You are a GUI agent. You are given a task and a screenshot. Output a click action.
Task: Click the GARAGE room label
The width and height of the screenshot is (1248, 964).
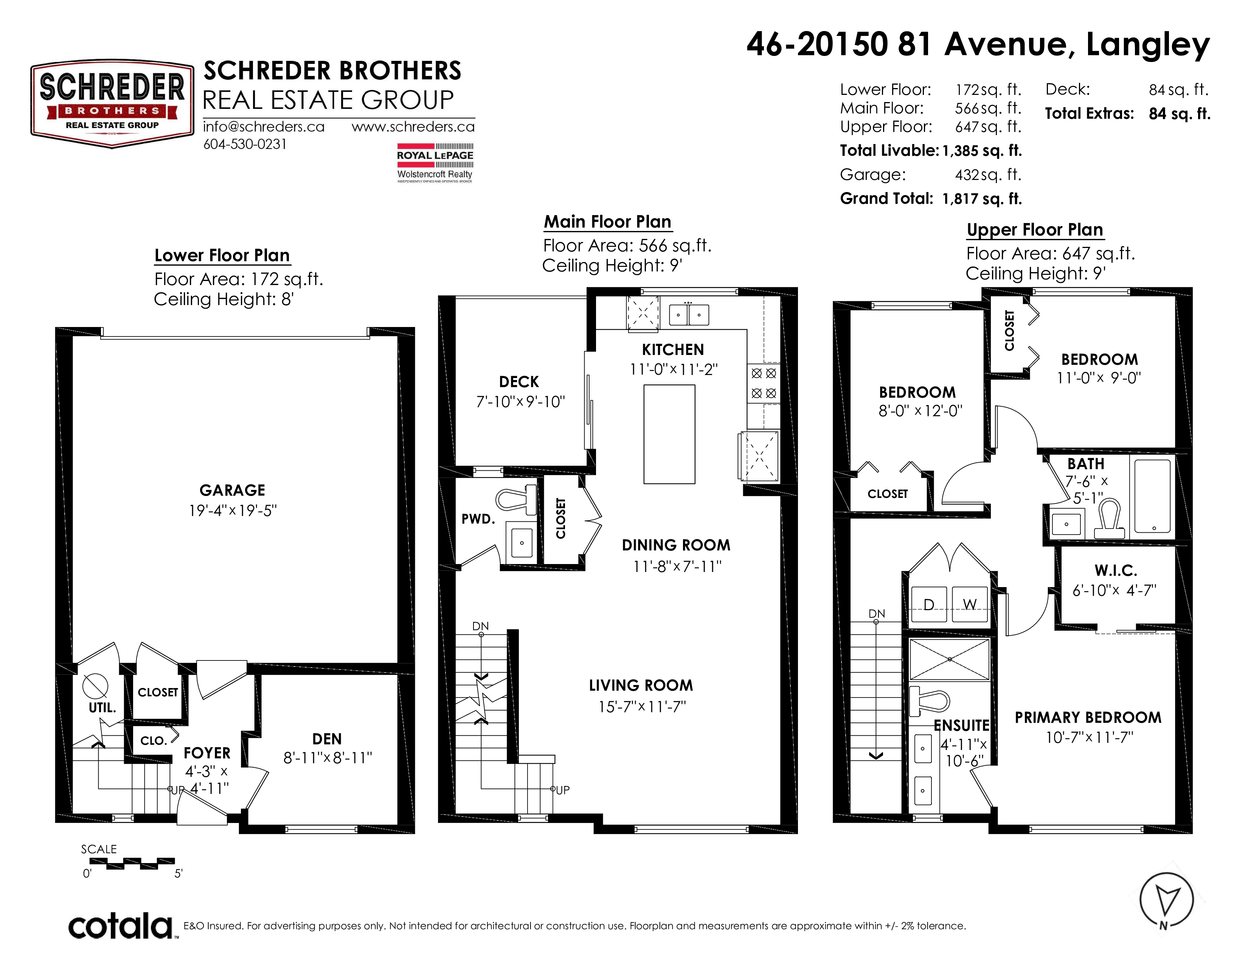click(232, 490)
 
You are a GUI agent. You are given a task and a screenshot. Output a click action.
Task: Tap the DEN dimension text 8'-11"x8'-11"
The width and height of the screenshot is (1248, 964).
click(328, 758)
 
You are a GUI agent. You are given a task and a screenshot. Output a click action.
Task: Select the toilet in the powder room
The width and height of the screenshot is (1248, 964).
click(516, 499)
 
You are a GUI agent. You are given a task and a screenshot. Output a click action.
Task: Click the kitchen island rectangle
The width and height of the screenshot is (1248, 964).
click(669, 434)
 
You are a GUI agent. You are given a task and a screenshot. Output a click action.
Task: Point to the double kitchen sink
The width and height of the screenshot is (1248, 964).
click(689, 315)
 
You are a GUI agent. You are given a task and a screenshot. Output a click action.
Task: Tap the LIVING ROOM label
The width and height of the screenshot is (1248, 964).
click(641, 685)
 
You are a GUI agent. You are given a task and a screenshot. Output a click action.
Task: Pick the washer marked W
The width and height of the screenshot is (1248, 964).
click(970, 604)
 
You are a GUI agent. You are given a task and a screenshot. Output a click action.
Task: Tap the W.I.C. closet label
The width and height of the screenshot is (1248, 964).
click(1115, 570)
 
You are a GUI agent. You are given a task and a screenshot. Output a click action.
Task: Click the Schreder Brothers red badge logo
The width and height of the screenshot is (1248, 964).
click(112, 104)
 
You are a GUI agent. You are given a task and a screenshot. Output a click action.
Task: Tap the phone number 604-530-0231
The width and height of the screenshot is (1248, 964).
click(245, 144)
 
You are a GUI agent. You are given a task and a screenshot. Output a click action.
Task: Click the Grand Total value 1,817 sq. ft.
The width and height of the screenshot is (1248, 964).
click(982, 199)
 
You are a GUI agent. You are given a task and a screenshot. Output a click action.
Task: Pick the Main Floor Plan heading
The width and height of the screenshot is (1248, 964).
click(607, 222)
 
